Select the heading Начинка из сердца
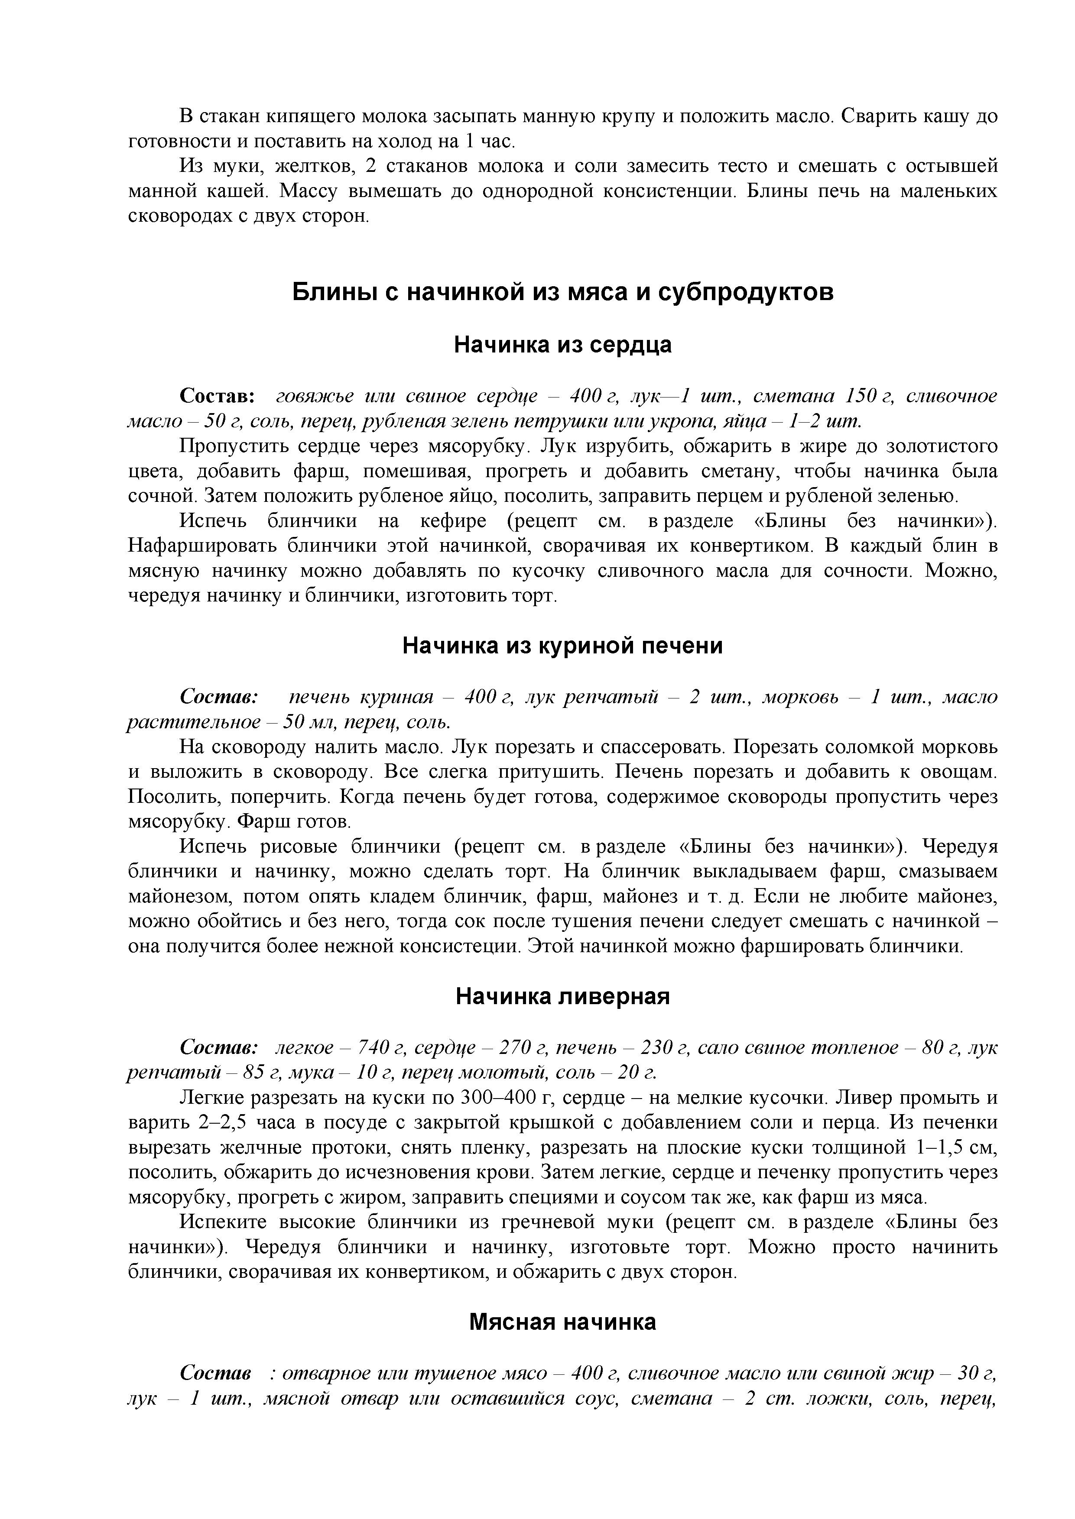click(x=563, y=345)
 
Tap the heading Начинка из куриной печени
click(x=563, y=646)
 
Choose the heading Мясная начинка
click(x=563, y=1322)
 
